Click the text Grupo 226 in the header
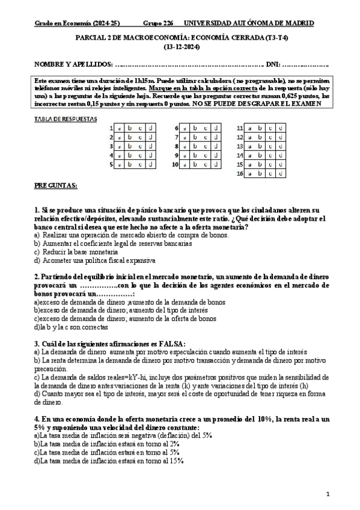tap(157, 23)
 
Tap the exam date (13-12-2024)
tap(180, 46)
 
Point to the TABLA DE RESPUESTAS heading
tap(66, 119)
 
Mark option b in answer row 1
tap(129, 128)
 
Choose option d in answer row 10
tap(215, 164)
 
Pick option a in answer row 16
tap(249, 173)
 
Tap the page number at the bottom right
tap(328, 494)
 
